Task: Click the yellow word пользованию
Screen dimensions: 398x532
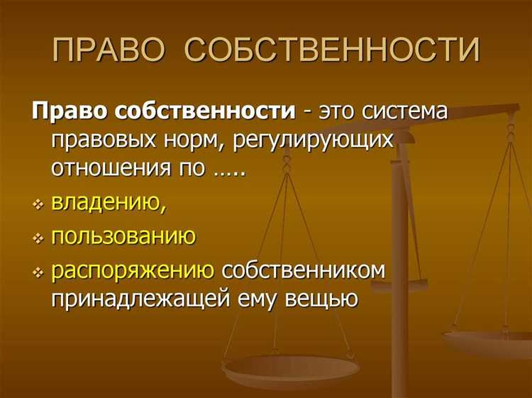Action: pyautogui.click(x=123, y=236)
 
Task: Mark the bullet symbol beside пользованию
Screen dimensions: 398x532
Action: pyautogui.click(x=37, y=237)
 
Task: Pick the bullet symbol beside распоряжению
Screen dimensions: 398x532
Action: pyautogui.click(x=37, y=271)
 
